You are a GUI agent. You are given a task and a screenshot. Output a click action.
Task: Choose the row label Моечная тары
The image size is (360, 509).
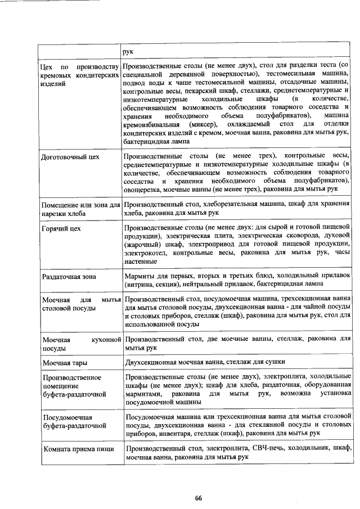tap(65, 363)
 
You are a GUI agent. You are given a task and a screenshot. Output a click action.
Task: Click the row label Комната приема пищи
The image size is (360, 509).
tap(78, 448)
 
